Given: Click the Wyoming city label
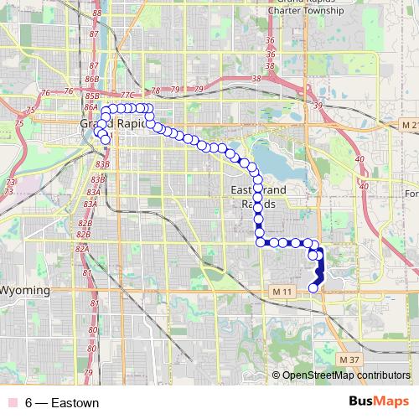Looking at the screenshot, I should [x=25, y=290].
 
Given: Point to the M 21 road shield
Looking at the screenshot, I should [x=407, y=125].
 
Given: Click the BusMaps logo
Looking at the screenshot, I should [x=380, y=403].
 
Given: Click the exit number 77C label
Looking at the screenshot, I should [x=127, y=96].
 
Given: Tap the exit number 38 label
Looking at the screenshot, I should [x=256, y=78].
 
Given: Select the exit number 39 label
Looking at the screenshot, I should [x=316, y=105].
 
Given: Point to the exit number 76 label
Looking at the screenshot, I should [x=44, y=92].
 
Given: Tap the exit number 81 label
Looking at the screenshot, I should [x=93, y=303].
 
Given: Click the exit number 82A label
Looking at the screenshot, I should [x=81, y=249].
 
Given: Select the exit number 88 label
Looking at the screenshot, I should [x=97, y=13].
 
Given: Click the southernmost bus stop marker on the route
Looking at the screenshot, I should [x=313, y=287].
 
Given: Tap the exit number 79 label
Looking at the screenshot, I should [x=199, y=89].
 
